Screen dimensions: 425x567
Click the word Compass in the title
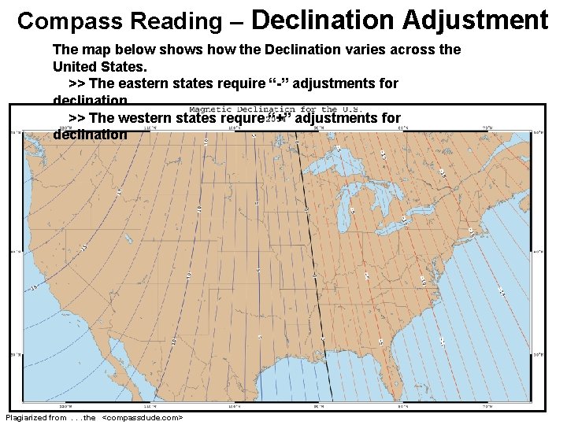[59, 20]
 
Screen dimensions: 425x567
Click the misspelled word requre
[243, 118]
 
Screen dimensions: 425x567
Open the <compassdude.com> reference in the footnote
[143, 417]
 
